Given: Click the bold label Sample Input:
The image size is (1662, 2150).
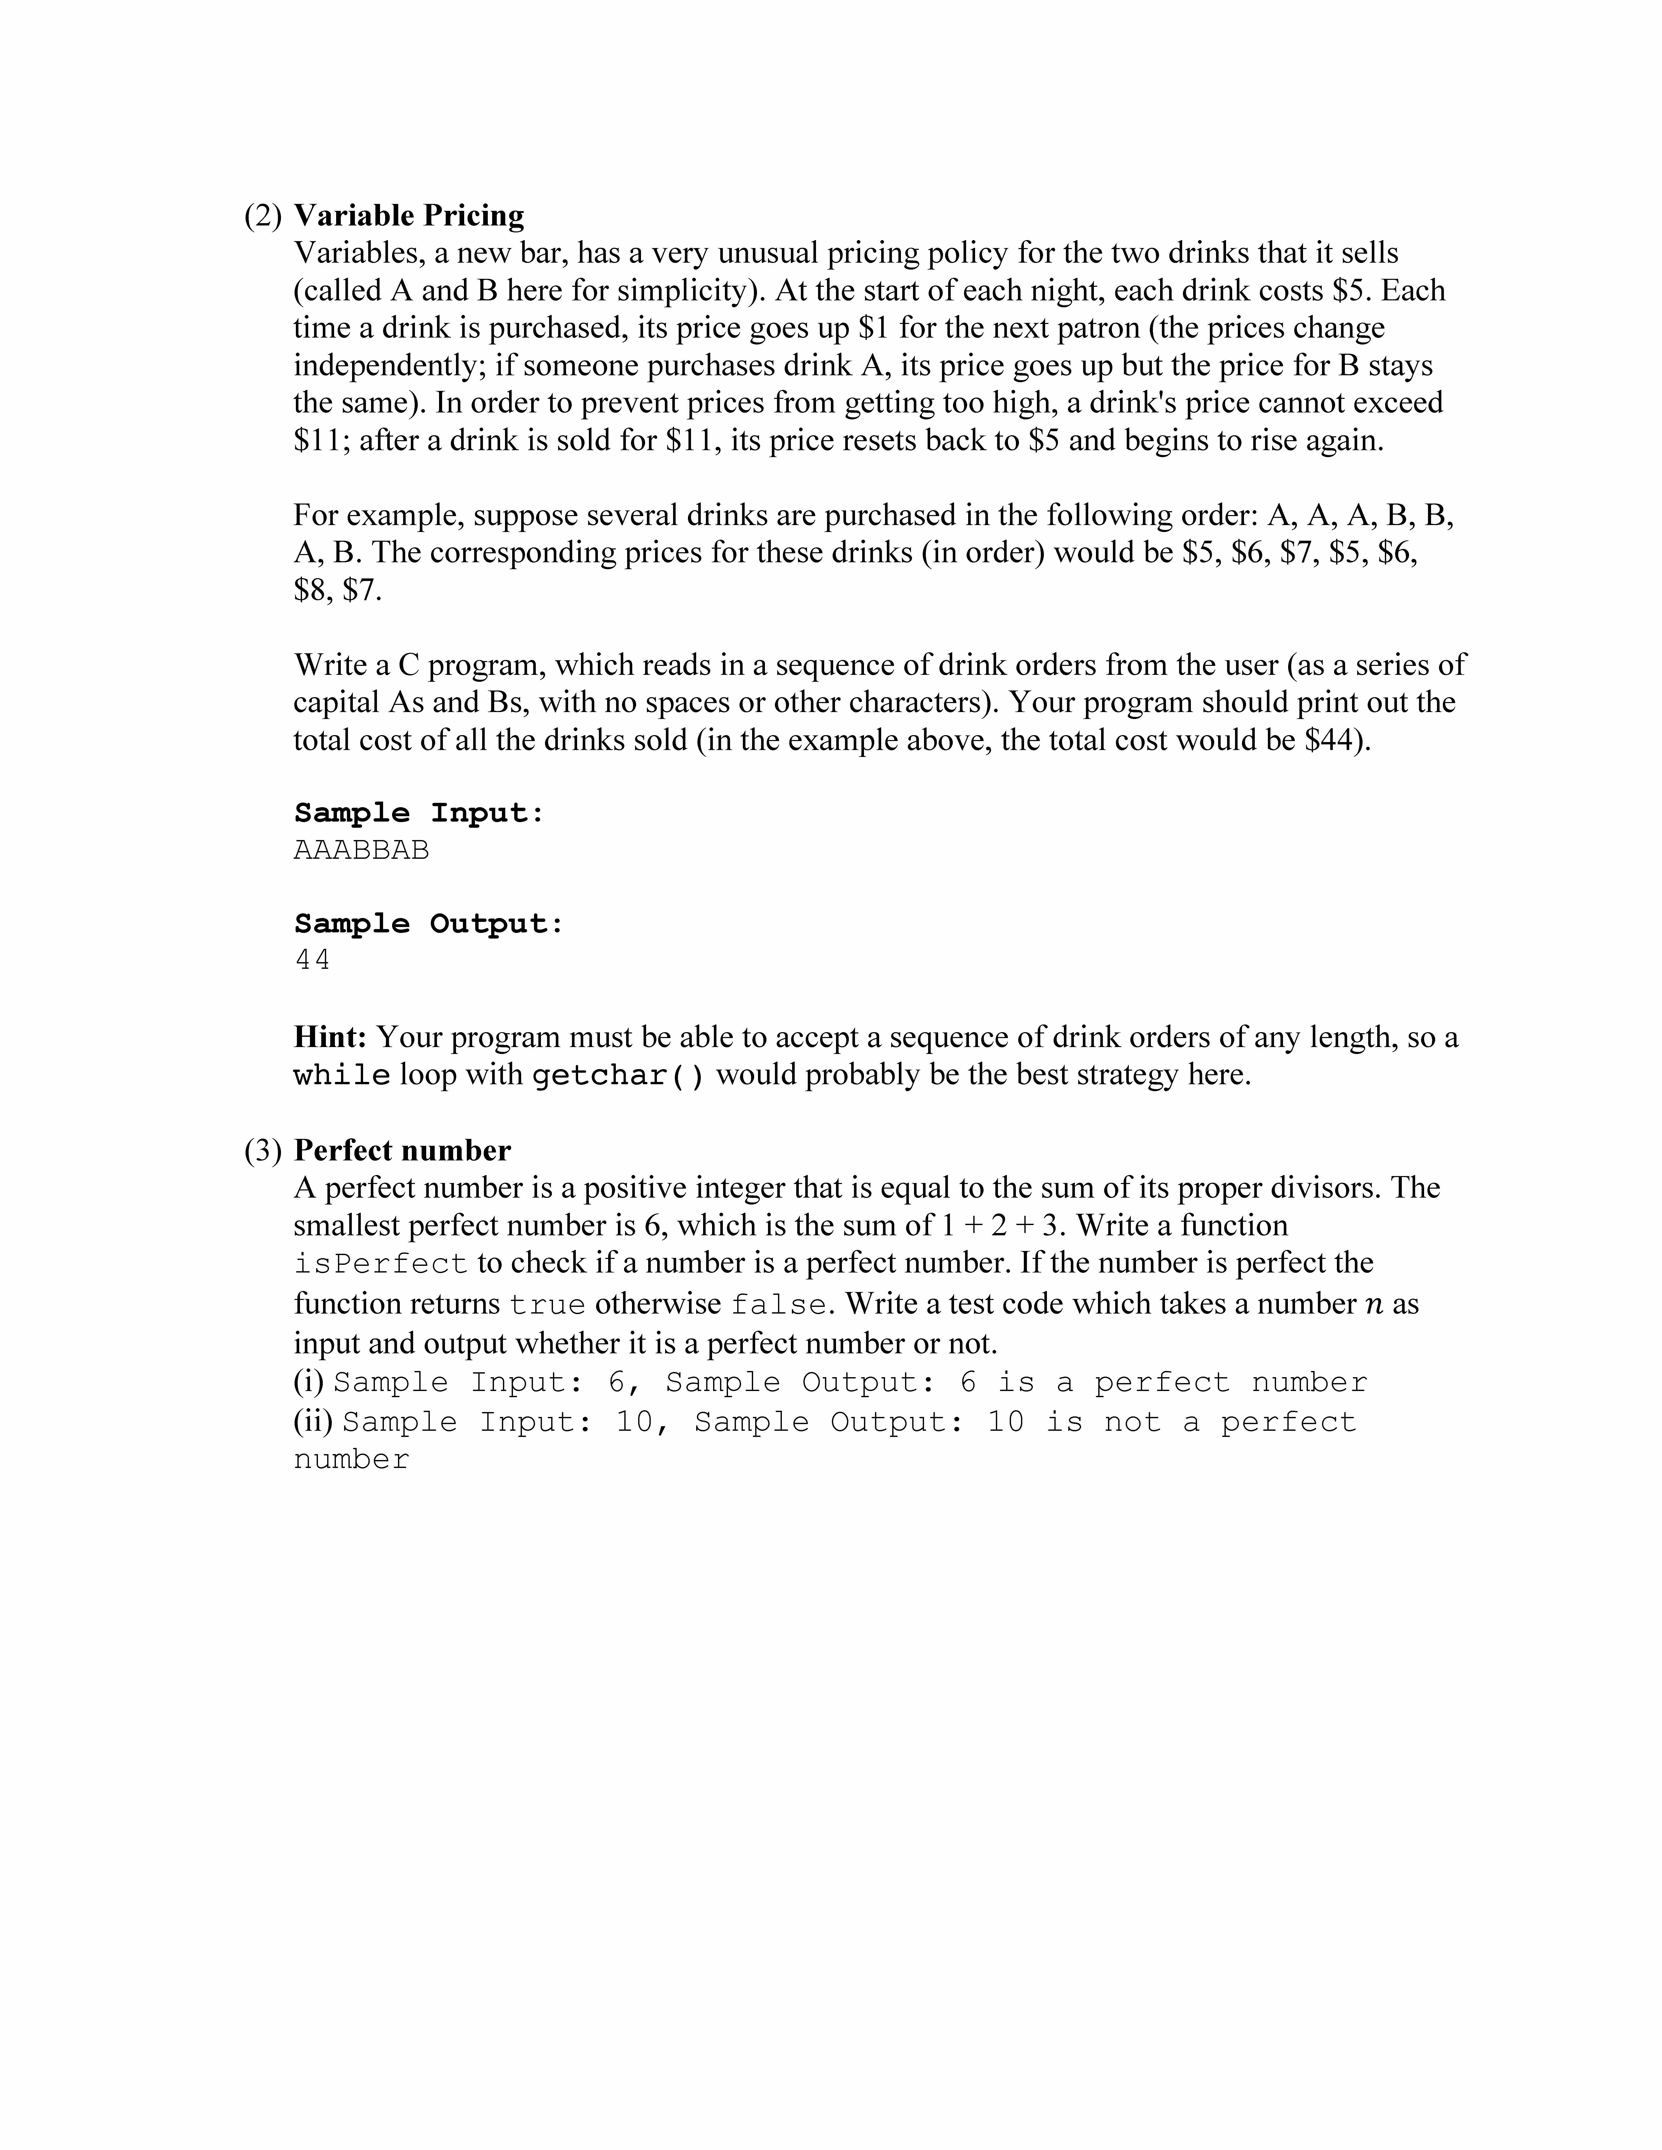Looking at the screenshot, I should pos(419,813).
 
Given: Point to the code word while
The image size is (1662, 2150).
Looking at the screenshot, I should pos(342,1075).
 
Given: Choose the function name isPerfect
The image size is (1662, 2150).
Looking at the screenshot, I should pos(380,1264).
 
